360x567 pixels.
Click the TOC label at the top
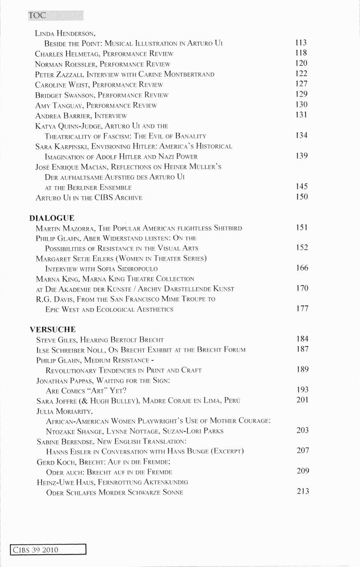point(37,16)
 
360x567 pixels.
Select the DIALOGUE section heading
point(52,218)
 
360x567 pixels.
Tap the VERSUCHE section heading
point(53,330)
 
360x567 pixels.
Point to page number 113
point(301,43)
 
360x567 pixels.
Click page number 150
point(302,197)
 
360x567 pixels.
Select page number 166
point(302,268)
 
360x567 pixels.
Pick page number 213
point(303,491)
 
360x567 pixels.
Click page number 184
point(302,339)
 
